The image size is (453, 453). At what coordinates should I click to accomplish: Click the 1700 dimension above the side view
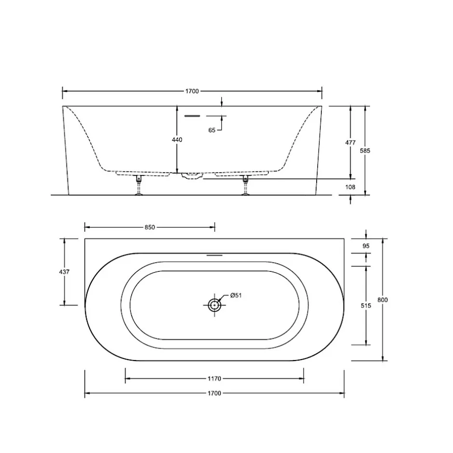pyautogui.click(x=192, y=91)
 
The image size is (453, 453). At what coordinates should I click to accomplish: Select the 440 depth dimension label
pyautogui.click(x=177, y=140)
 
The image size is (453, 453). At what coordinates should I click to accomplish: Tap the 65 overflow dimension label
pyautogui.click(x=212, y=130)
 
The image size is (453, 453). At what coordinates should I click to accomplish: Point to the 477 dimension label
pyautogui.click(x=350, y=143)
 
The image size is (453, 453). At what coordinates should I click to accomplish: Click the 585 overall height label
pyautogui.click(x=365, y=150)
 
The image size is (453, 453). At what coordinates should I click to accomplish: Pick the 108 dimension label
pyautogui.click(x=350, y=187)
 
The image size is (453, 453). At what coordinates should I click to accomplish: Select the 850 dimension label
pyautogui.click(x=150, y=227)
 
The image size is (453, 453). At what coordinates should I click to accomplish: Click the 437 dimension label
pyautogui.click(x=64, y=272)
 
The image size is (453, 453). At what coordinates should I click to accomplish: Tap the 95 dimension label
pyautogui.click(x=366, y=246)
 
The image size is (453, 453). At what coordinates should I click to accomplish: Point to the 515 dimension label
pyautogui.click(x=366, y=306)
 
